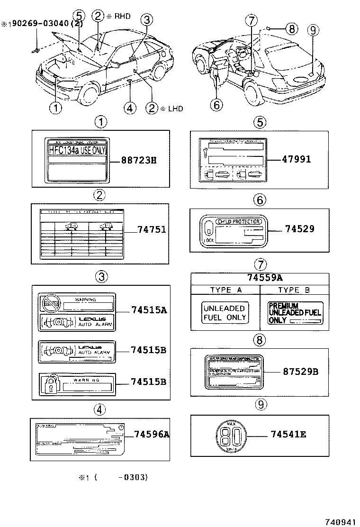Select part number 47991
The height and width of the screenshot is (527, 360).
click(294, 160)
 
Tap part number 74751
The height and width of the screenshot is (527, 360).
click(152, 229)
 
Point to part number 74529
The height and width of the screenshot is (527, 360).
click(300, 229)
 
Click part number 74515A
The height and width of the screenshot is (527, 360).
click(149, 310)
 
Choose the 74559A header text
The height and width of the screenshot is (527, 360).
click(259, 278)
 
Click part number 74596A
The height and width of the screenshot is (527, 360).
click(152, 434)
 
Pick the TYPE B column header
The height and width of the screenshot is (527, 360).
click(295, 290)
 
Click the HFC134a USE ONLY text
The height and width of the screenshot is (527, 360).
click(77, 150)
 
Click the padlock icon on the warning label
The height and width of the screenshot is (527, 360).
click(50, 384)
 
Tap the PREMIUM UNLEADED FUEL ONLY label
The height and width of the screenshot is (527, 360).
click(294, 313)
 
